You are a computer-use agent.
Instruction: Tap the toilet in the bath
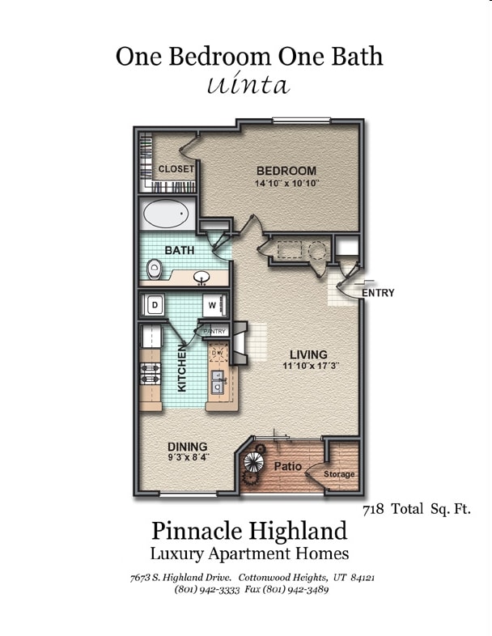point(154,269)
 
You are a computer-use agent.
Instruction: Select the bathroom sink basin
point(201,278)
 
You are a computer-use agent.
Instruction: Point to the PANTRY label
point(214,332)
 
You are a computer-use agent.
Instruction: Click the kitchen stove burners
point(151,374)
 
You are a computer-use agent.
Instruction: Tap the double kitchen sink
point(218,383)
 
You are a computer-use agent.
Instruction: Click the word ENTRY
point(378,293)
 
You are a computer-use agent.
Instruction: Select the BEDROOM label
point(286,171)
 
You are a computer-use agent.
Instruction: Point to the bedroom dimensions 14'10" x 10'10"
point(286,184)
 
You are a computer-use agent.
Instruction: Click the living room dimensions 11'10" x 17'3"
point(311,366)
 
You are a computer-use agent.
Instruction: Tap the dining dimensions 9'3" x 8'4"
point(189,457)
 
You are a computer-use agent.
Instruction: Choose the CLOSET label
point(176,169)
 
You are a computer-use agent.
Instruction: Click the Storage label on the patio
point(339,474)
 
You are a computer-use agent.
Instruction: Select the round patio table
point(254,461)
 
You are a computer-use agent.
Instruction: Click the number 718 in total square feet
point(373,510)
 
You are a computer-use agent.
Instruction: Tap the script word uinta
point(248,84)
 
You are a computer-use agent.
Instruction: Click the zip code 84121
point(363,578)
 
